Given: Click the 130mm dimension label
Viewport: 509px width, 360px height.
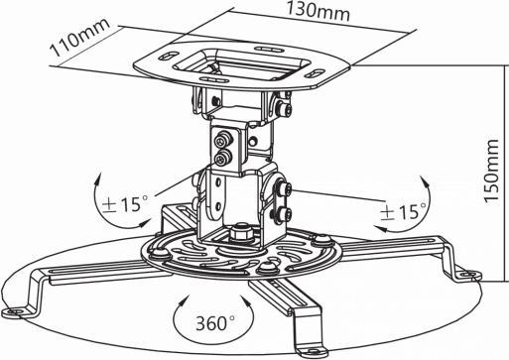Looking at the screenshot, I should pos(292,15).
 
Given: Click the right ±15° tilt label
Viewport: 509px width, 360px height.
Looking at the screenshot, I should pos(403,211).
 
